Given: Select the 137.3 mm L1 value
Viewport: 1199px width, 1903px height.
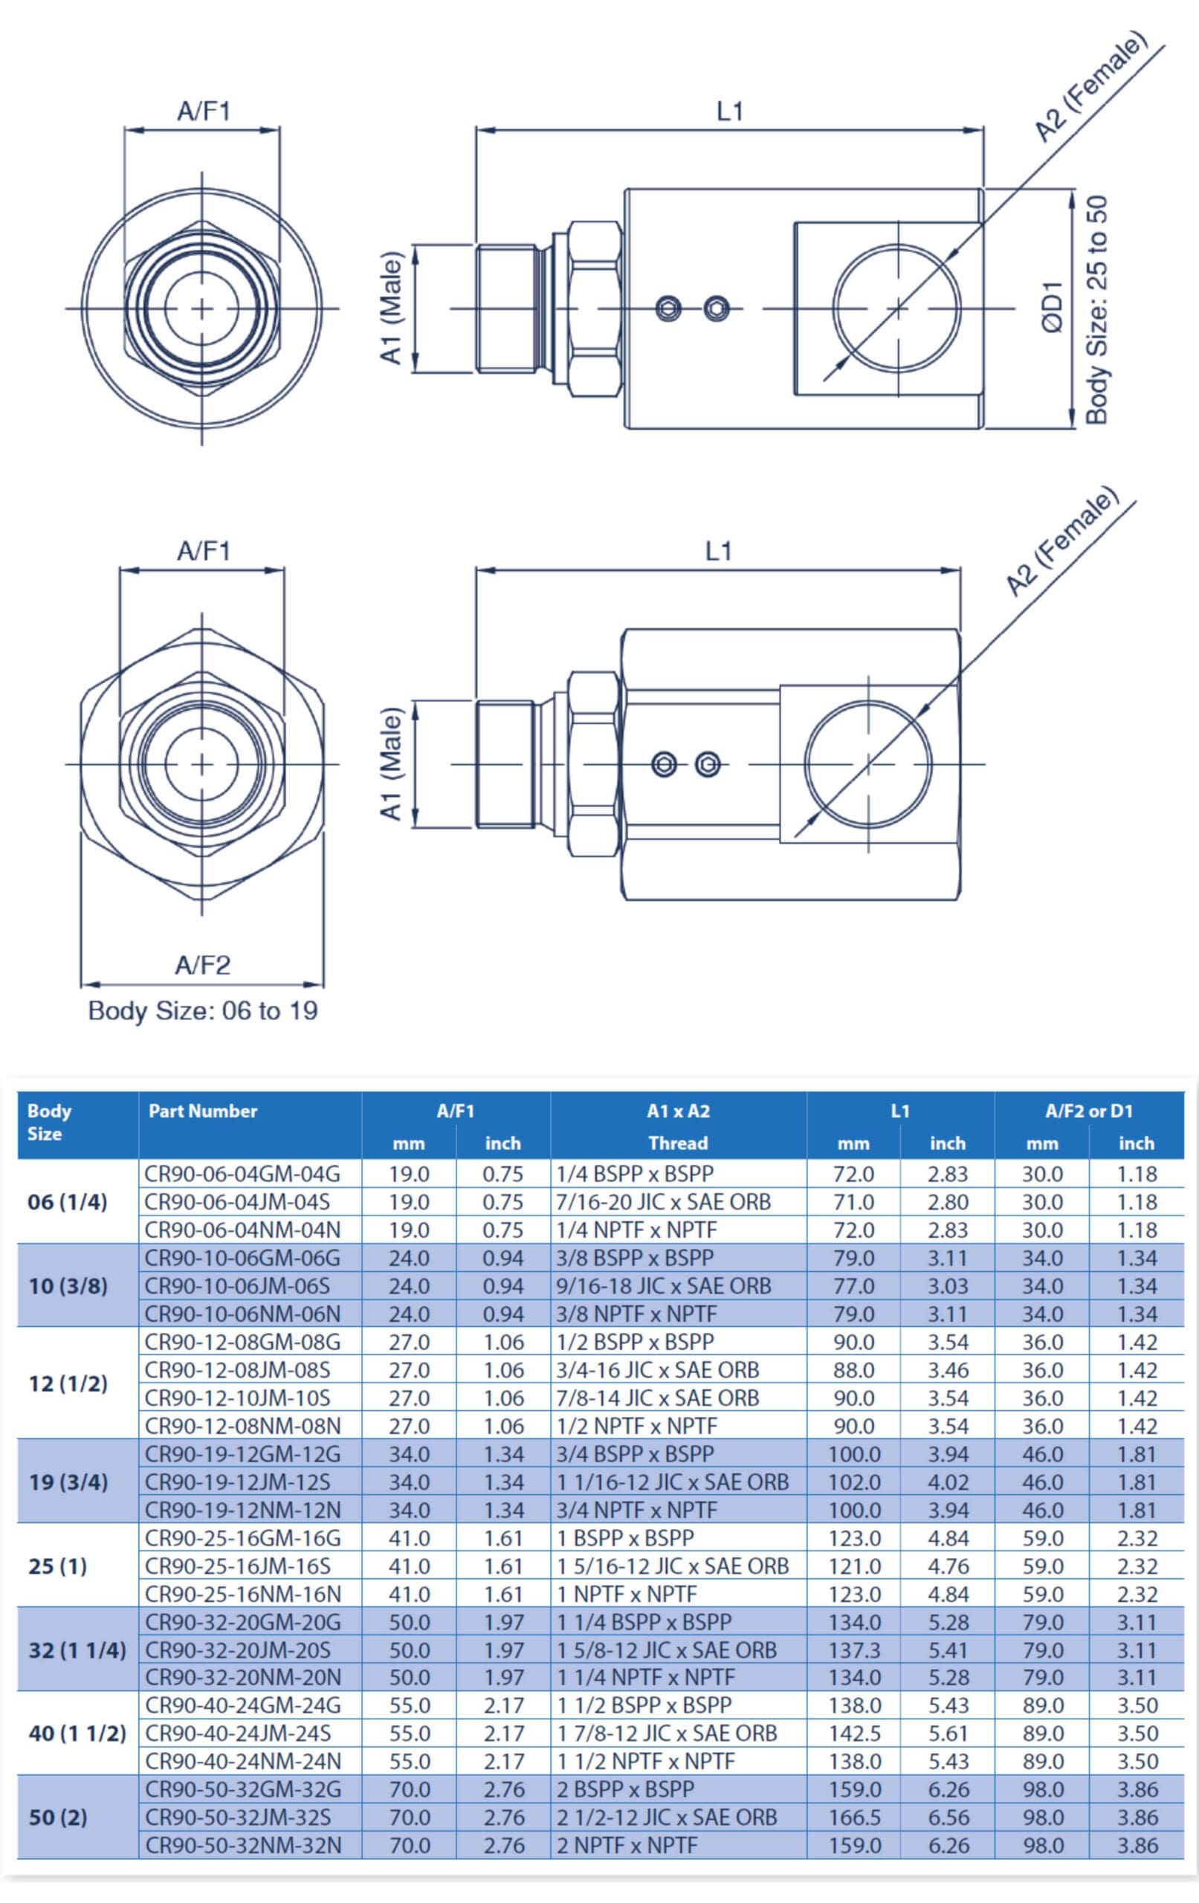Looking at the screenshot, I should pyautogui.click(x=853, y=1650).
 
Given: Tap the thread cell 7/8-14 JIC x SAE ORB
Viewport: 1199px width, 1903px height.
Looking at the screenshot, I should pyautogui.click(x=657, y=1398).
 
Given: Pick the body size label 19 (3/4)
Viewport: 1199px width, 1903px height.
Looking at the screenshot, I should pyautogui.click(x=68, y=1482).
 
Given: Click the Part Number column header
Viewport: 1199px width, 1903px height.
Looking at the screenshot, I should pyautogui.click(x=203, y=1111).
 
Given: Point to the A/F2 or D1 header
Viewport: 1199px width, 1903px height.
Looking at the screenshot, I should pyautogui.click(x=1088, y=1111).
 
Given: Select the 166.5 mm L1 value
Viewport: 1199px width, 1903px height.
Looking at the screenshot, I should pyautogui.click(x=853, y=1818).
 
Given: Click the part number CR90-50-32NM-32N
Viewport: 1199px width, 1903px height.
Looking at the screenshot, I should pyautogui.click(x=243, y=1845).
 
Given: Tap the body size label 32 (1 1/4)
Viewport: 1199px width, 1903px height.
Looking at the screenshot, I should pyautogui.click(x=77, y=1650).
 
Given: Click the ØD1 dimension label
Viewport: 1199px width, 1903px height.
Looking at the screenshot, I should pyautogui.click(x=1053, y=308).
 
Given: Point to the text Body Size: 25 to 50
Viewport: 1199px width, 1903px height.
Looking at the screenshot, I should pyautogui.click(x=1098, y=309).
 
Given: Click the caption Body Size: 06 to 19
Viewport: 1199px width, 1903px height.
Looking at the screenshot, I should pyautogui.click(x=202, y=1011).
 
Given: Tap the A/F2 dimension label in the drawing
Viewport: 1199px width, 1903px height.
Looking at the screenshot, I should pyautogui.click(x=202, y=965).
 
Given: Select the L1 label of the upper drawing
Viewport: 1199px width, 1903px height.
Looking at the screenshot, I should pyautogui.click(x=729, y=112).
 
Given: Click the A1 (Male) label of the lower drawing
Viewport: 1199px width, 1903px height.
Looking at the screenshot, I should pyautogui.click(x=392, y=763).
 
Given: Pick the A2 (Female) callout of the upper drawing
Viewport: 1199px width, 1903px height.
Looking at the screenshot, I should pyautogui.click(x=1089, y=88).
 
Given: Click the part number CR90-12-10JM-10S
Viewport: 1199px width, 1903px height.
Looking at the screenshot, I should pyautogui.click(x=237, y=1398).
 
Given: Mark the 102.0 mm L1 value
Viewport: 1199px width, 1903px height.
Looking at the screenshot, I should pyautogui.click(x=853, y=1482).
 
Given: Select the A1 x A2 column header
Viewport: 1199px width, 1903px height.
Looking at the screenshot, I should pyautogui.click(x=678, y=1111).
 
